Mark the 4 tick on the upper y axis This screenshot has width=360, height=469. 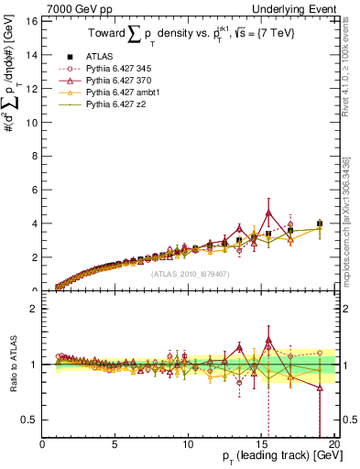36,224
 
